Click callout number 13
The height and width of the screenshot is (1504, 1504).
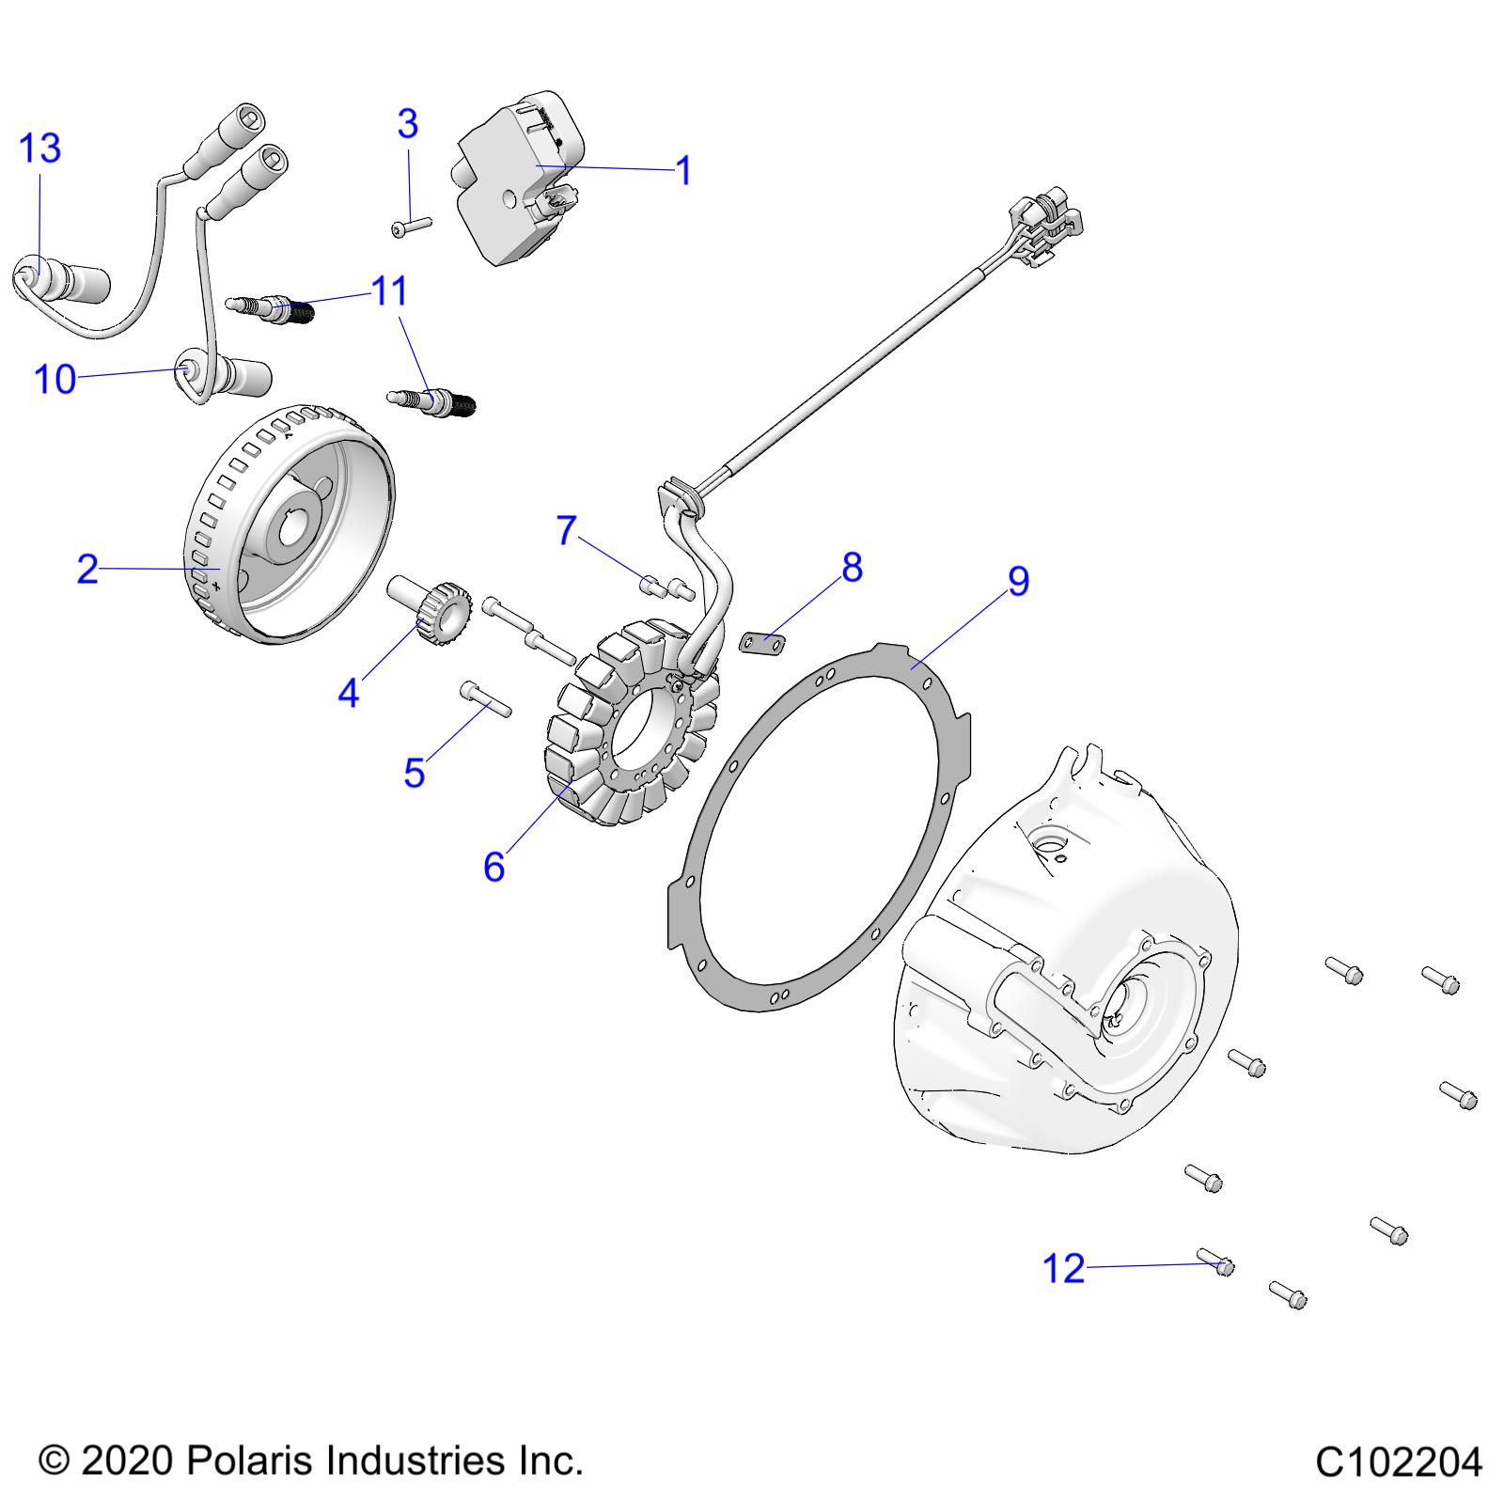point(40,149)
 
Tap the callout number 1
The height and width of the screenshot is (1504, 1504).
point(683,171)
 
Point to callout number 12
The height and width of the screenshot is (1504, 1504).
point(1064,1269)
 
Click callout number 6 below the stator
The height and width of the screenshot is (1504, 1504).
point(494,867)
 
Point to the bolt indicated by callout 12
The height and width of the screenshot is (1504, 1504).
point(1216,1262)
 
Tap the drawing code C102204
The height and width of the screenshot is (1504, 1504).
point(1398,1463)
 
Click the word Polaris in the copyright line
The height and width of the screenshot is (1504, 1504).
point(246,1461)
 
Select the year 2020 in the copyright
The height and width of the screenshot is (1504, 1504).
point(126,1461)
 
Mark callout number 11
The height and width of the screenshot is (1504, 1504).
point(390,291)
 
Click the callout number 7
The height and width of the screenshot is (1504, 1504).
point(566,531)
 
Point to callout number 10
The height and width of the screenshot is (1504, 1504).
point(55,379)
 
